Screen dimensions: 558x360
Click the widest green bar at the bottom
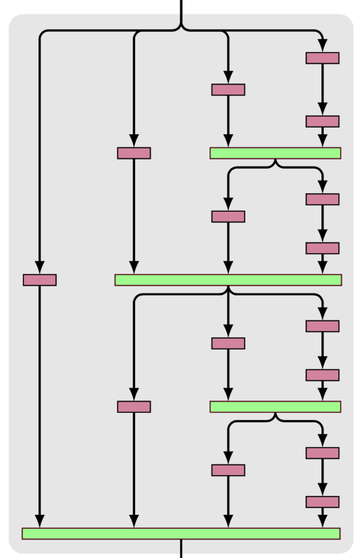click(x=180, y=533)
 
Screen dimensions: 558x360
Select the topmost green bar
click(x=275, y=153)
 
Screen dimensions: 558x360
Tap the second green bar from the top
click(x=228, y=279)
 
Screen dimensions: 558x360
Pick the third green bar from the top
click(x=275, y=407)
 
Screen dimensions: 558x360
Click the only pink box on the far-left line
click(x=40, y=279)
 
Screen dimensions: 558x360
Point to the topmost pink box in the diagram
click(x=322, y=58)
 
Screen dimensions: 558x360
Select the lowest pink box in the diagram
click(x=322, y=502)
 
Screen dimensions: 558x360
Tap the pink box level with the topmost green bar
click(x=134, y=153)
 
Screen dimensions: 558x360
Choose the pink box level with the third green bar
click(x=134, y=407)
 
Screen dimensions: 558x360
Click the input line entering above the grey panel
click(x=181, y=7)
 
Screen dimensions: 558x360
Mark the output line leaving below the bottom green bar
click(x=181, y=548)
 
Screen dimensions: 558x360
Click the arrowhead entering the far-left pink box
click(x=40, y=267)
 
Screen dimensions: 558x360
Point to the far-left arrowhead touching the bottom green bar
click(x=40, y=521)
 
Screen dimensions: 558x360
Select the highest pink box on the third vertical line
click(x=228, y=89)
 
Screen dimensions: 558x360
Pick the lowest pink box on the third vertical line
click(x=228, y=470)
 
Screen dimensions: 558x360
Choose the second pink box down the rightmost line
click(x=322, y=121)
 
